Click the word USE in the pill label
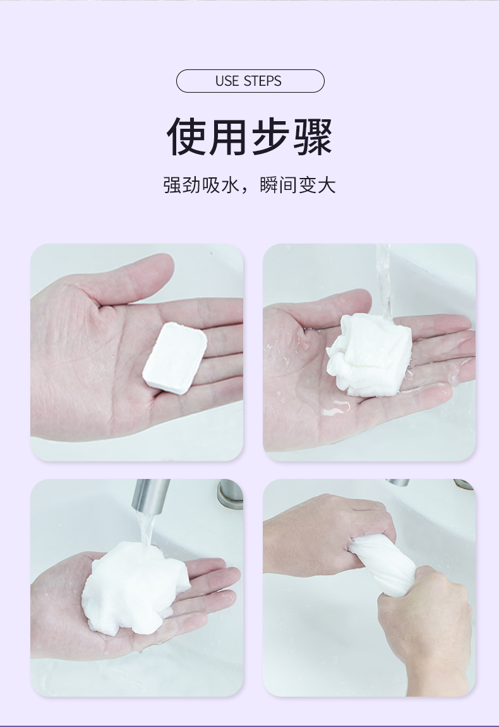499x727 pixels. [227, 81]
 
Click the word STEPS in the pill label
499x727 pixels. [262, 81]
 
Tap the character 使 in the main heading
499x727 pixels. [186, 136]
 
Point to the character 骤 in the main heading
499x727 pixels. [313, 136]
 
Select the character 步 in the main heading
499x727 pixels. [271, 136]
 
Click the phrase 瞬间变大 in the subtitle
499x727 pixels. [298, 185]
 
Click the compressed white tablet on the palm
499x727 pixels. [174, 358]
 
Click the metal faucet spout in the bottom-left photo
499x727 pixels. [150, 495]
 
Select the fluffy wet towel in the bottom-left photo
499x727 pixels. [135, 586]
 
